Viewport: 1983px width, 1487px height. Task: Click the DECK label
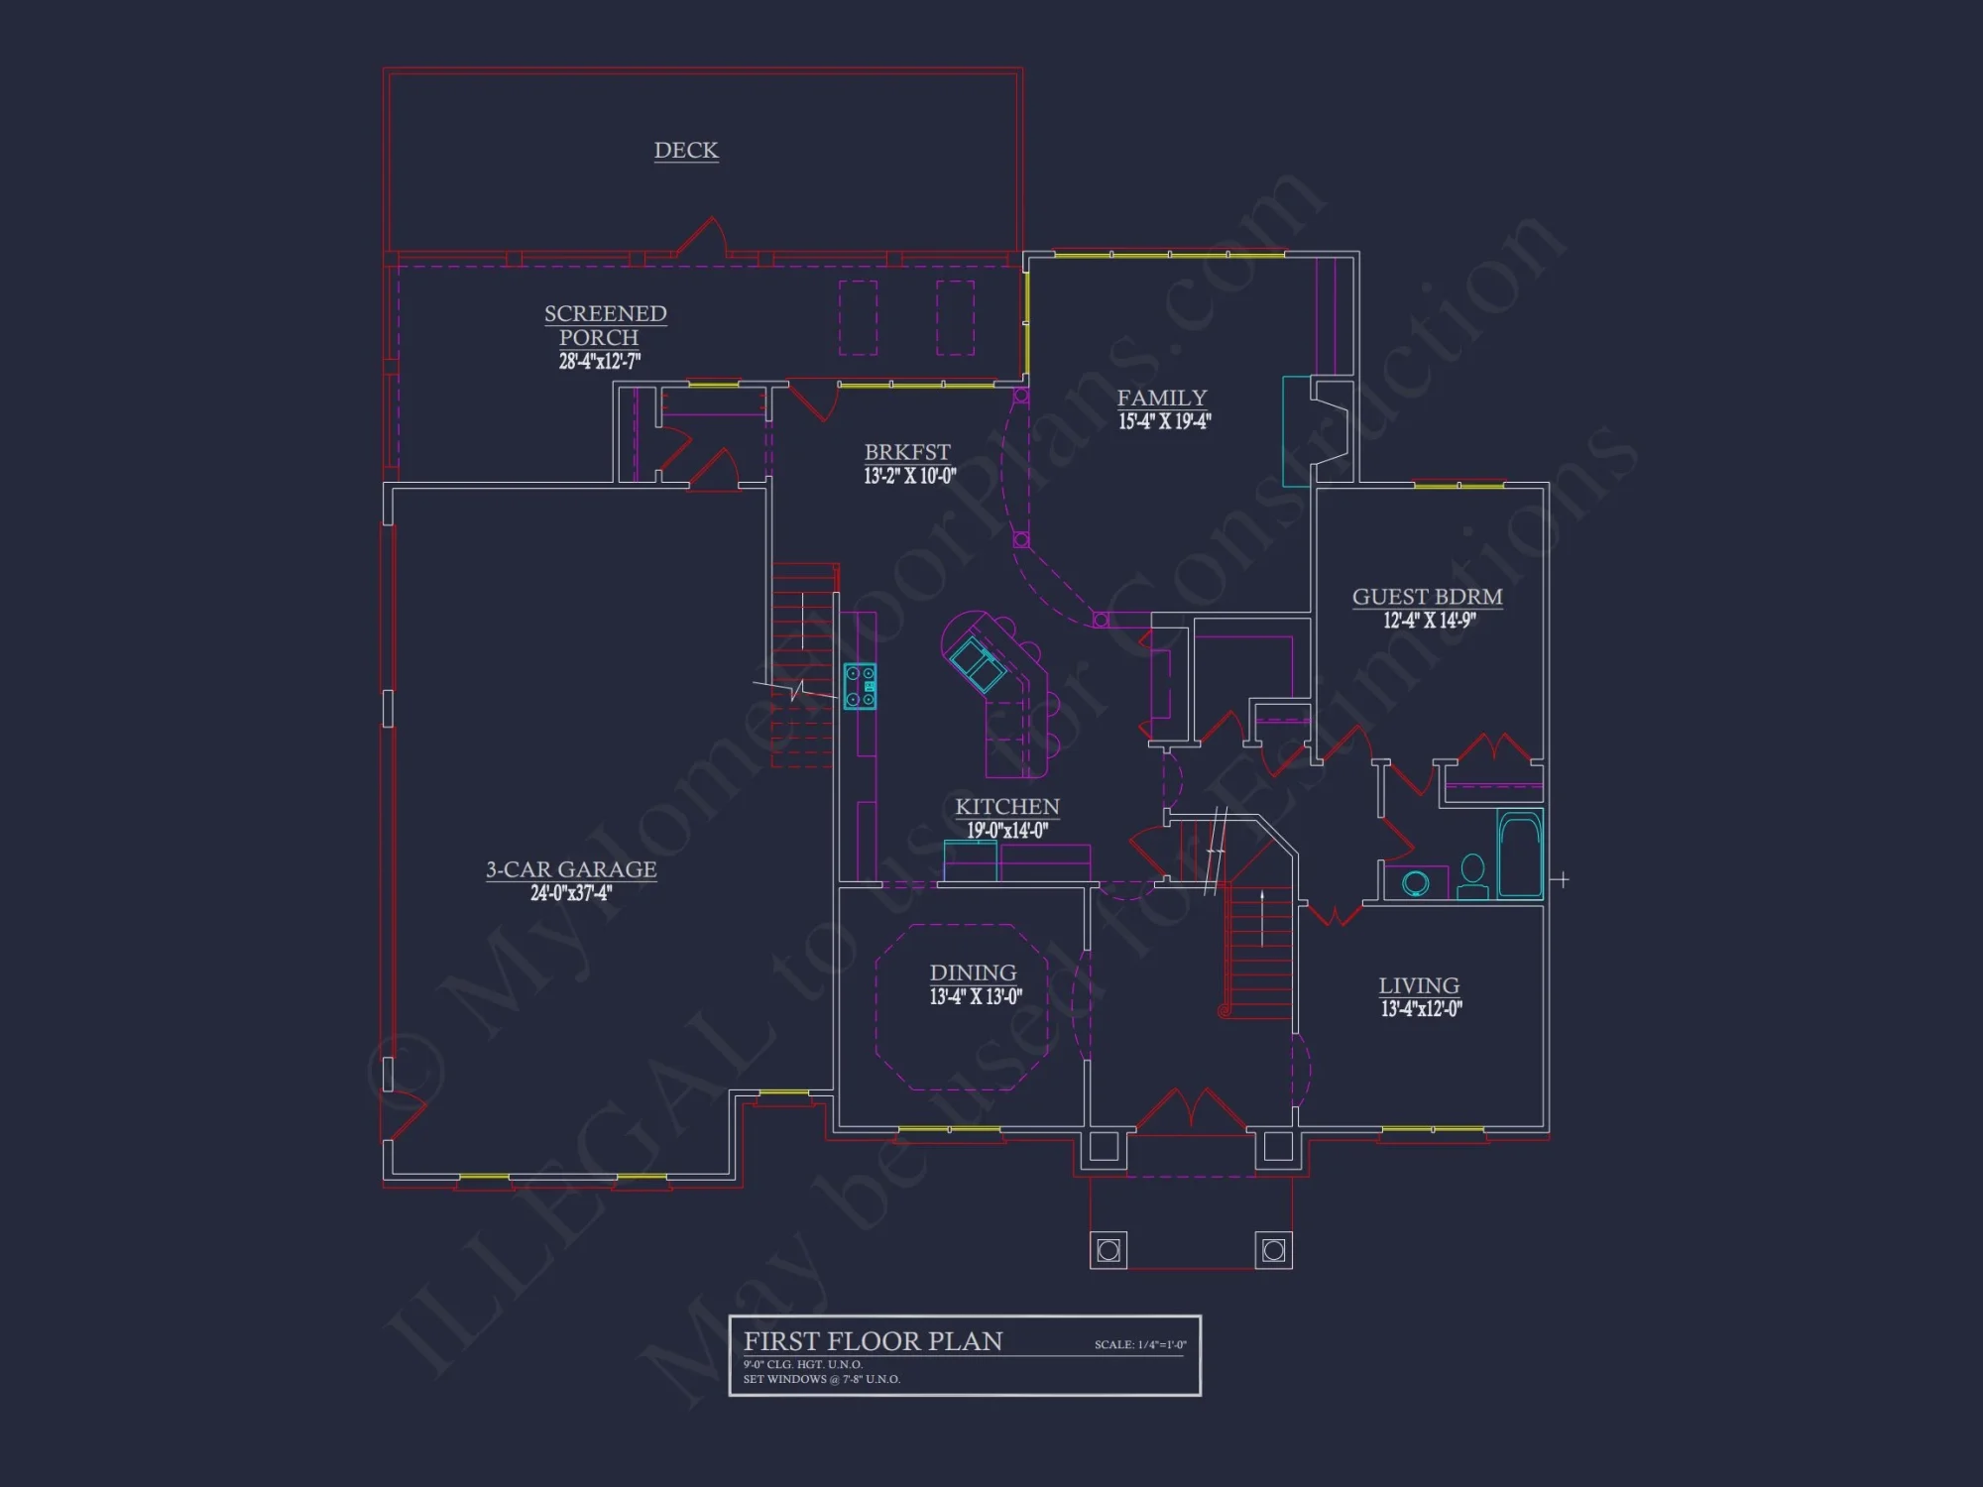(x=686, y=150)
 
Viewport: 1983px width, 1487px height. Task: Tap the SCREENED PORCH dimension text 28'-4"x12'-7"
(x=599, y=362)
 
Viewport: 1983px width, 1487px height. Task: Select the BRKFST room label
(x=907, y=452)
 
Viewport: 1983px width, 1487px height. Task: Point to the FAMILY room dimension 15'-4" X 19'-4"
(x=1164, y=422)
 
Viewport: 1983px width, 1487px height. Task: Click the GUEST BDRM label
(x=1427, y=597)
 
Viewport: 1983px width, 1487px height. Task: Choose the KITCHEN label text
(x=1007, y=807)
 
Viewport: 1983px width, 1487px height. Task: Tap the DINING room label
(x=973, y=972)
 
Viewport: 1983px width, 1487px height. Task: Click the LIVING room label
(x=1419, y=985)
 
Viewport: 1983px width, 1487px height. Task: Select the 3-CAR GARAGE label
(x=571, y=869)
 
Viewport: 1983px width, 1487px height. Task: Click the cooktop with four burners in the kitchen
(x=860, y=686)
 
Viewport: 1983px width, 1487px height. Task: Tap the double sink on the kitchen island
(x=978, y=665)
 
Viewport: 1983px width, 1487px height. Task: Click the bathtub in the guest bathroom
(x=1519, y=855)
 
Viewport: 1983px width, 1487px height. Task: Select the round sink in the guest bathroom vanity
(x=1416, y=882)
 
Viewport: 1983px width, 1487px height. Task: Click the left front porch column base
(x=1108, y=1250)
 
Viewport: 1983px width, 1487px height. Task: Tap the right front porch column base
(x=1274, y=1250)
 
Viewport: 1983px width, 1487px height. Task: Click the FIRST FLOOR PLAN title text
(x=873, y=1341)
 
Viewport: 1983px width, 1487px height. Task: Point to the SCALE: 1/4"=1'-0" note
(x=1140, y=1345)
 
